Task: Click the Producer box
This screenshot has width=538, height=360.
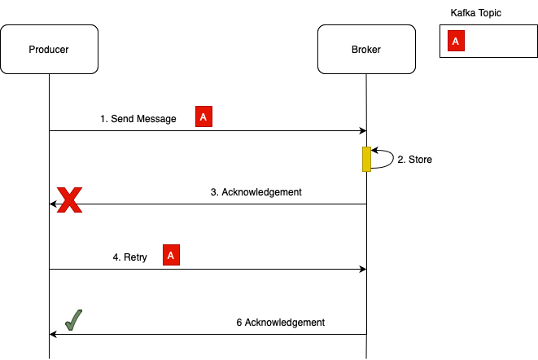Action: [x=49, y=49]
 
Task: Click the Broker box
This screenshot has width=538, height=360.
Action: [x=365, y=49]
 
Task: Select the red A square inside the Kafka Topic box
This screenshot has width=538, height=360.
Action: [x=456, y=42]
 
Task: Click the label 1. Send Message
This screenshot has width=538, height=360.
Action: [x=138, y=119]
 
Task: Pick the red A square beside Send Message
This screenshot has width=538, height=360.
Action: [x=203, y=118]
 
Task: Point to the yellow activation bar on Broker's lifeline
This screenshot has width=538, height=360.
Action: [x=366, y=159]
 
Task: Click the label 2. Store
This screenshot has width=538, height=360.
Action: [x=414, y=160]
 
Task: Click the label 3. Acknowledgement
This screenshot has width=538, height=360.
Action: [x=256, y=193]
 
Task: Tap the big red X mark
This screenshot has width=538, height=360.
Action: [x=69, y=200]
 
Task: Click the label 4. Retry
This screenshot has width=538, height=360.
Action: [x=129, y=257]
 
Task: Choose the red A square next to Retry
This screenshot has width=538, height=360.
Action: [x=171, y=256]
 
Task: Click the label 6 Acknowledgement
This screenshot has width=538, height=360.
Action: [x=281, y=323]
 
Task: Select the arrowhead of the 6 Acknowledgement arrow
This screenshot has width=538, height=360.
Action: [x=54, y=334]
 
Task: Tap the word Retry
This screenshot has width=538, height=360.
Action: [x=135, y=257]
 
